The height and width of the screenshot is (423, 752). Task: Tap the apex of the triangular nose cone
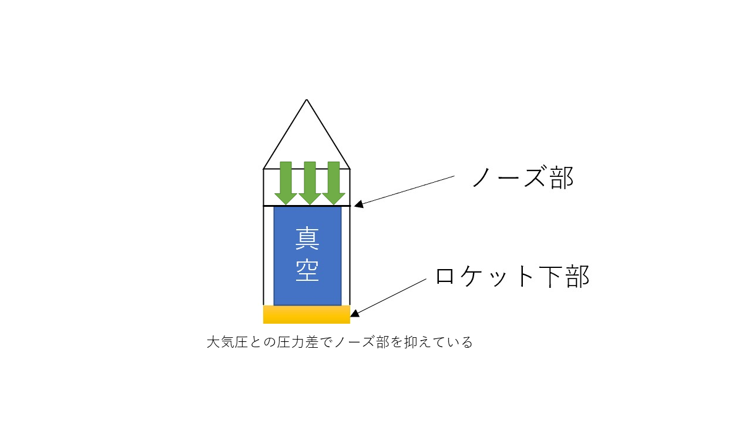306,100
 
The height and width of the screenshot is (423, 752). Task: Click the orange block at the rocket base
306,314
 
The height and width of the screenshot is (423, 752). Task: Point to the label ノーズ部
522,176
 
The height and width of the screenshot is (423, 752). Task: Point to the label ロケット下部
512,276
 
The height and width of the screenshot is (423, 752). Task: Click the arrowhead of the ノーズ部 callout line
357,205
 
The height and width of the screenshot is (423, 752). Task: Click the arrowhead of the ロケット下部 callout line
354,314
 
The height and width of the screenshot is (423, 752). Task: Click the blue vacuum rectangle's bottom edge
307,305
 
